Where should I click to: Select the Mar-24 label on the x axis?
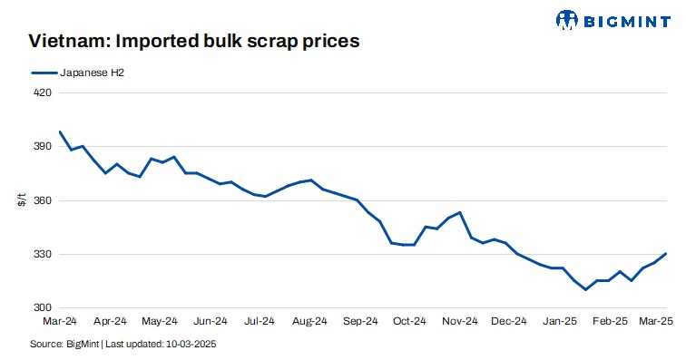pos(59,320)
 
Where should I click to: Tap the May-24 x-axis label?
pos(160,320)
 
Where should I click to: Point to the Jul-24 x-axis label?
pos(260,320)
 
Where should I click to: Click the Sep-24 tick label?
pos(360,320)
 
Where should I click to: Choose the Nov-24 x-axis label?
pos(460,320)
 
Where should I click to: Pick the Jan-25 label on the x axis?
pos(560,320)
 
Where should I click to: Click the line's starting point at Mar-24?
pos(59,131)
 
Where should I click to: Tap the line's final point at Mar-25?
pos(665,254)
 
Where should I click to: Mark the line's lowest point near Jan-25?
pos(586,289)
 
